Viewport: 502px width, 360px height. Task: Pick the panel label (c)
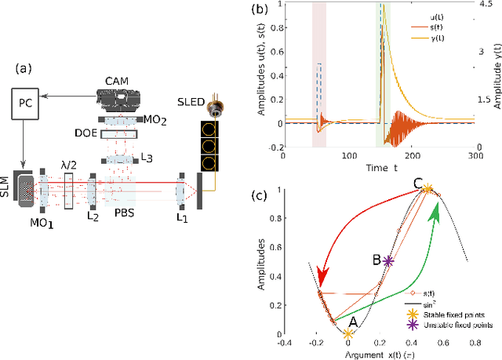(278, 195)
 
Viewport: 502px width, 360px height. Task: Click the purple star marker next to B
(388, 261)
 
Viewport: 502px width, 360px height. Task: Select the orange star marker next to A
(347, 334)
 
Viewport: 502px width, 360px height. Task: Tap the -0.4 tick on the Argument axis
(284, 343)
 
